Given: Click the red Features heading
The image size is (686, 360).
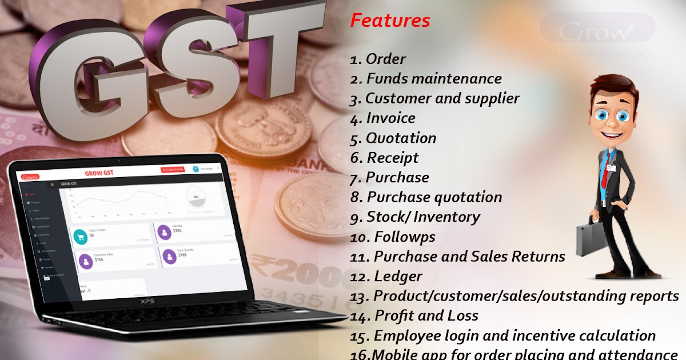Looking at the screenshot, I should (390, 21).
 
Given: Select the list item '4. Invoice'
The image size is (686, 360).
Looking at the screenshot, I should (383, 118).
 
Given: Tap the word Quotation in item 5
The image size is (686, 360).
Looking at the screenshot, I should (401, 138).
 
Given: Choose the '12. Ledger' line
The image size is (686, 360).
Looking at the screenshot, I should (386, 277).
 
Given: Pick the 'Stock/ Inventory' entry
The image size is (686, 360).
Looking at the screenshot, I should (423, 217).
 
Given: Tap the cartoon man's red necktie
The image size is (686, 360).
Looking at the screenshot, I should (605, 171).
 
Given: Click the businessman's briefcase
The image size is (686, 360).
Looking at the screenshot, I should (591, 239).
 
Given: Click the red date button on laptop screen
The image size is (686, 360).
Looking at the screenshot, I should (173, 170).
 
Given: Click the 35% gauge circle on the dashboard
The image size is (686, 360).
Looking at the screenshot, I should (196, 198).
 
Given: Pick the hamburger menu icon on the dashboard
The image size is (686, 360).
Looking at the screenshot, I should (53, 185).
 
